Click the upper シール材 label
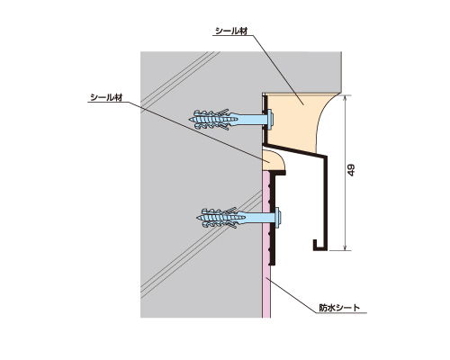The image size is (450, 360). click(231, 31)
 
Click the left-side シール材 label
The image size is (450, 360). click(106, 97)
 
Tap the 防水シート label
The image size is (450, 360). click(339, 308)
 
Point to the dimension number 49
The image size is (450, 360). click(351, 170)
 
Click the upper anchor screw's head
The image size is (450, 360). click(270, 118)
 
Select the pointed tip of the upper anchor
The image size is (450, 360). click(190, 120)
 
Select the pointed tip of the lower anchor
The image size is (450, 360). click(198, 217)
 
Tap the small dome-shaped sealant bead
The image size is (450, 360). click(272, 161)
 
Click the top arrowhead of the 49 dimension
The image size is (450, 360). click(346, 97)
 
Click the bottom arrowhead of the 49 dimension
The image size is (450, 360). click(346, 248)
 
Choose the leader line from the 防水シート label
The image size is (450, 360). click(292, 296)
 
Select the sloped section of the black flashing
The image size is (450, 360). click(295, 150)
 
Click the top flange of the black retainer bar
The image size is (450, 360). click(278, 173)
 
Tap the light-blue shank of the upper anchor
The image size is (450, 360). click(249, 119)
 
